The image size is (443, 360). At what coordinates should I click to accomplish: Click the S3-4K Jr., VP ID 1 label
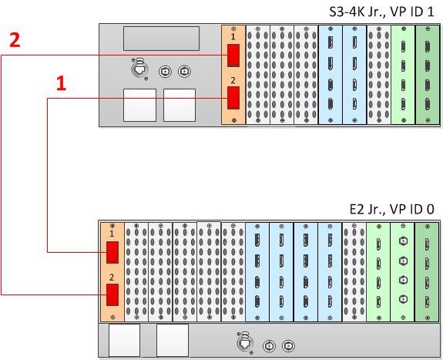(381, 12)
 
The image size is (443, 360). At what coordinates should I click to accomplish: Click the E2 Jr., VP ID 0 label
(391, 209)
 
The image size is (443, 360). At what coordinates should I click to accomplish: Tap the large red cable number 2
(15, 40)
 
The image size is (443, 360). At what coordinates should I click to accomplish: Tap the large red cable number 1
(62, 83)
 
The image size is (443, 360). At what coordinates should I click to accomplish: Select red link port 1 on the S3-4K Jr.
(233, 56)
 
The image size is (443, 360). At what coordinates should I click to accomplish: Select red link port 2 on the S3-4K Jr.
(233, 98)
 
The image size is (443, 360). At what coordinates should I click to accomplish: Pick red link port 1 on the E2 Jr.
(112, 252)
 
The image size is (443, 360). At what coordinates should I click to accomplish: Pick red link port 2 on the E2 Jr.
(112, 294)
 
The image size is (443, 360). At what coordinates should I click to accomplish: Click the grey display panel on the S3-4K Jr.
(161, 39)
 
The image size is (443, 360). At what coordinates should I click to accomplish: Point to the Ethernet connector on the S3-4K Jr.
(139, 69)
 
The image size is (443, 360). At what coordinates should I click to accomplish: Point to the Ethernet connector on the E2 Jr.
(244, 343)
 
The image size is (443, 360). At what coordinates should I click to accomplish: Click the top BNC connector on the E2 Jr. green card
(403, 241)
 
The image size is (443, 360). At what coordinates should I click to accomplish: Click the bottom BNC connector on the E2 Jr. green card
(403, 299)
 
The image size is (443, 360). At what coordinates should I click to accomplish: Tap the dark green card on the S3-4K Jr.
(428, 75)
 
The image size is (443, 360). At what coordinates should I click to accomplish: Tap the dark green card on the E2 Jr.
(427, 272)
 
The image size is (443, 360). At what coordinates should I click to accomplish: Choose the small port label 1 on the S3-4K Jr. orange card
(233, 37)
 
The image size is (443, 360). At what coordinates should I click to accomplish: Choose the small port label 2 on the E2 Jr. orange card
(112, 278)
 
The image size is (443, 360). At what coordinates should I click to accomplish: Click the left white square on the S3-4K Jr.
(140, 105)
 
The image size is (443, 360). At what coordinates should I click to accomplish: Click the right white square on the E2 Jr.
(173, 340)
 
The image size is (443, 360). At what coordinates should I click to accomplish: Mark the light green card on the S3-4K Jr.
(403, 75)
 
